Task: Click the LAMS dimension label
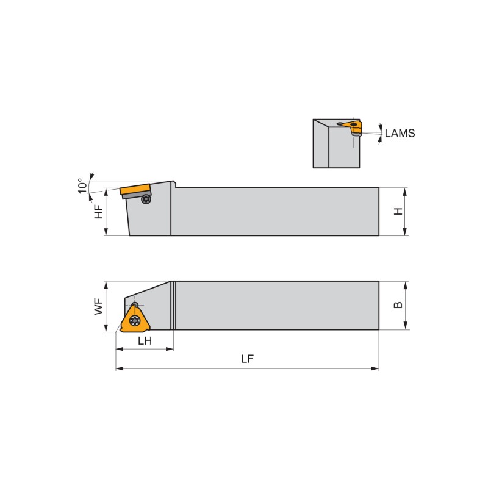pyautogui.click(x=400, y=133)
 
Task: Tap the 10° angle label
pyautogui.click(x=82, y=186)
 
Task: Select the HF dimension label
pyautogui.click(x=99, y=212)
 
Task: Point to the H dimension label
pyautogui.click(x=398, y=212)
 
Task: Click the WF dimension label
pyautogui.click(x=99, y=307)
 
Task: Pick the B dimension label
pyautogui.click(x=398, y=305)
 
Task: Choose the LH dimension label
pyautogui.click(x=145, y=341)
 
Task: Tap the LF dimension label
pyautogui.click(x=248, y=359)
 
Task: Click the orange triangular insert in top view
pyautogui.click(x=135, y=319)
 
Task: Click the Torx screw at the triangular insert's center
pyautogui.click(x=135, y=320)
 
